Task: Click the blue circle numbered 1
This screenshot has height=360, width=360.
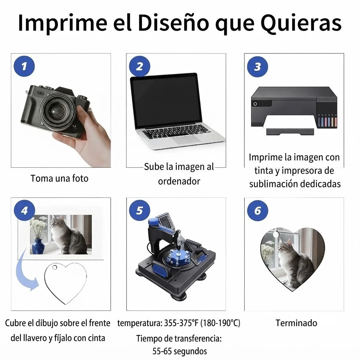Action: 24,66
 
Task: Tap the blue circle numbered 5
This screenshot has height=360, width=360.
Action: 140,210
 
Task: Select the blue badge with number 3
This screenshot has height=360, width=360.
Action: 257,66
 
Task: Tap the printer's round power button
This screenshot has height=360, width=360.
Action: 255,104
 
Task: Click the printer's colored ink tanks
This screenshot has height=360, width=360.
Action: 327,121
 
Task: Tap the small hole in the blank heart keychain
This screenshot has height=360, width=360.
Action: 54,267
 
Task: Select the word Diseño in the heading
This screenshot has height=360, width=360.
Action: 174,22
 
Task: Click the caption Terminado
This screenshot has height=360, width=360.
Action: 296,323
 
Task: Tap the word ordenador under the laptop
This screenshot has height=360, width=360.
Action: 179,181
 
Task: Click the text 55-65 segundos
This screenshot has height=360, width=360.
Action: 180,351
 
